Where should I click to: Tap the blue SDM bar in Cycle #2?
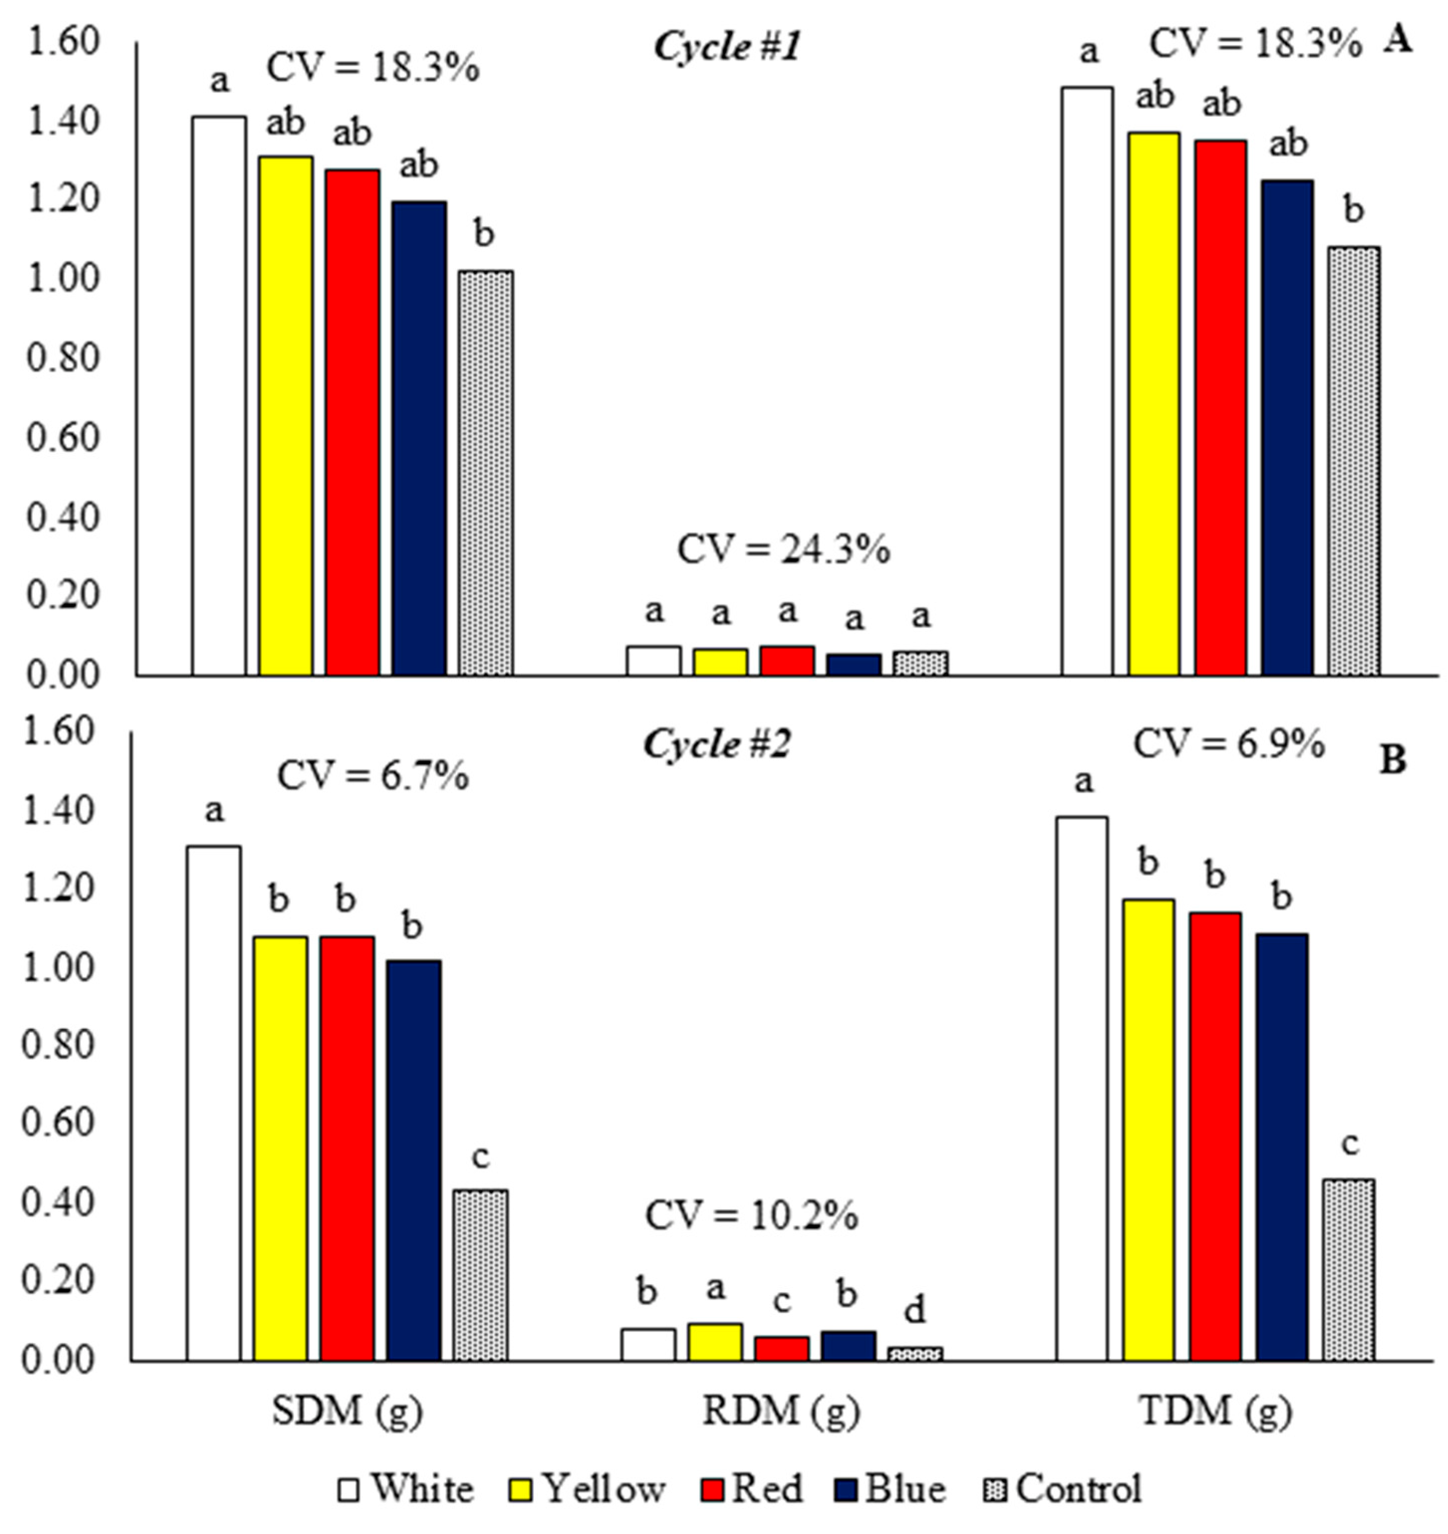(414, 1161)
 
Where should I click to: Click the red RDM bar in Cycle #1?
(787, 661)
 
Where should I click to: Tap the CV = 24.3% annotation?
(783, 550)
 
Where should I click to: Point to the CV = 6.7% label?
(373, 775)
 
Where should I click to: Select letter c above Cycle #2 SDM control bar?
(480, 1157)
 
